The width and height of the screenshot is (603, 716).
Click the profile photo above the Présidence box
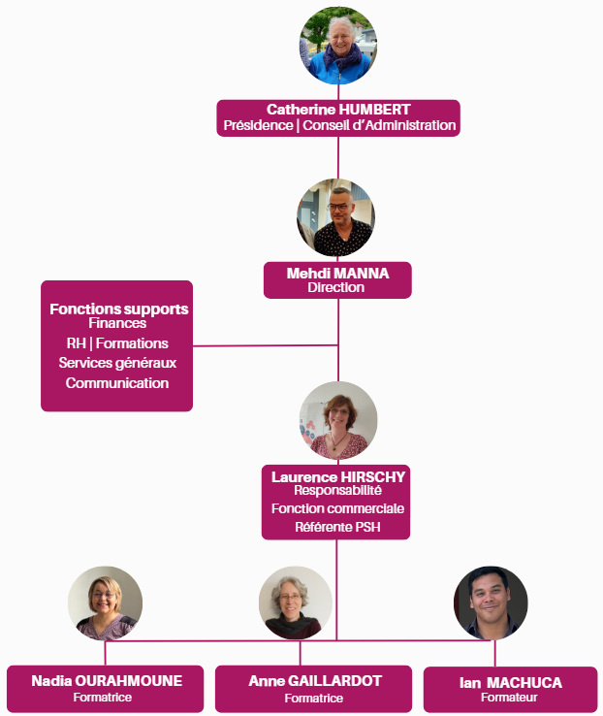click(x=337, y=46)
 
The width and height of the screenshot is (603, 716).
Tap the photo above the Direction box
click(x=335, y=218)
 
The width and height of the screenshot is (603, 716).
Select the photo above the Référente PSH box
click(x=338, y=420)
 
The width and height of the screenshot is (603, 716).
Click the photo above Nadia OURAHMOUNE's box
click(x=105, y=602)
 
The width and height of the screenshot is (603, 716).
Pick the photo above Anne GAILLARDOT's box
click(x=296, y=602)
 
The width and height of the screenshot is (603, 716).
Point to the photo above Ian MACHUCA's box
click(x=491, y=602)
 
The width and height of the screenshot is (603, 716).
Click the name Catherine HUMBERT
click(x=338, y=110)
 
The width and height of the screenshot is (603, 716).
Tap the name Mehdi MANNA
click(x=337, y=274)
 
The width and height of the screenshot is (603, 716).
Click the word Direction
click(x=336, y=287)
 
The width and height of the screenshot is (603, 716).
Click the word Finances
click(x=117, y=323)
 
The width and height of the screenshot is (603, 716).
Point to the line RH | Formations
click(x=117, y=343)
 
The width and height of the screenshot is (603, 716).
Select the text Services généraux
click(x=117, y=363)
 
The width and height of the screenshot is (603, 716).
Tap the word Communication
click(x=117, y=383)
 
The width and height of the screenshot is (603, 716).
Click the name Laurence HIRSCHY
click(x=338, y=476)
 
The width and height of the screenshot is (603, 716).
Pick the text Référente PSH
click(x=337, y=527)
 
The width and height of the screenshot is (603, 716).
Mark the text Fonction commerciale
click(x=337, y=508)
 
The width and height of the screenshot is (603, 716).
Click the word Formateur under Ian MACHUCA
click(x=509, y=698)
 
